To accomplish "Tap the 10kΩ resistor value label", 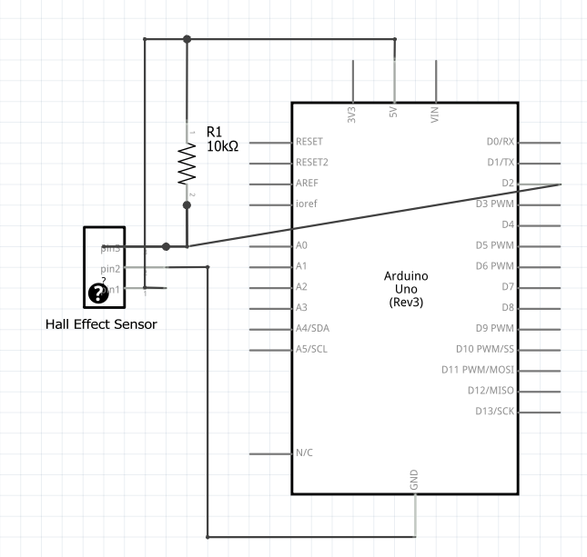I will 222,146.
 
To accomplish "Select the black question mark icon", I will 97,293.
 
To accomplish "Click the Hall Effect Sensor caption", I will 101,324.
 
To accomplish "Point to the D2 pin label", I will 508,184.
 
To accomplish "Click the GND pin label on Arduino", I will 415,481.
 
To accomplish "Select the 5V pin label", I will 394,116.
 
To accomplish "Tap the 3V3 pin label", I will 352,115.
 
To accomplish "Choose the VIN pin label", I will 435,115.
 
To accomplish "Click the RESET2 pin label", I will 311,163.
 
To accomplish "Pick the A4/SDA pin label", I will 313,328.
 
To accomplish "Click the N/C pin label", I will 306,453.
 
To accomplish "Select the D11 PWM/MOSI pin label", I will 478,370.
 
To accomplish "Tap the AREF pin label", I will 307,184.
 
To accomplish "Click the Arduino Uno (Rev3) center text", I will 406,287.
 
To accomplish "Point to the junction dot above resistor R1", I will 187,39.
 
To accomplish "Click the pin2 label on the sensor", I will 111,269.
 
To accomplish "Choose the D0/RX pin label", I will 501,142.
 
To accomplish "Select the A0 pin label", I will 302,245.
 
